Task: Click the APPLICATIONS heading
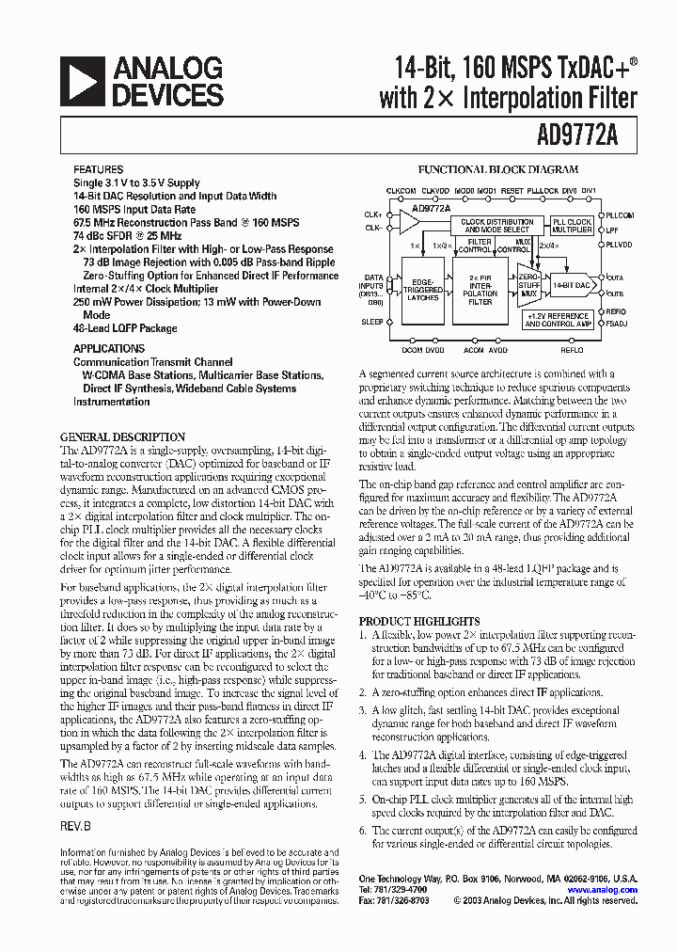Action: [x=109, y=348]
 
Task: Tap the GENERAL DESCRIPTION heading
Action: [x=122, y=437]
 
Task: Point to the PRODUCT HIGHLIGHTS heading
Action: [x=419, y=622]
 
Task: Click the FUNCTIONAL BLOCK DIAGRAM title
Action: [x=498, y=170]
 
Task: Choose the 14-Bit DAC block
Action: [x=571, y=284]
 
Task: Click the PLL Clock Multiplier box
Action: [x=572, y=227]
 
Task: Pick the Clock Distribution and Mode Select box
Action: [x=497, y=226]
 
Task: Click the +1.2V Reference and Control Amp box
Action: [x=559, y=320]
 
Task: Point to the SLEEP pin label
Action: [x=372, y=322]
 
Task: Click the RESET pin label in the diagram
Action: [x=512, y=191]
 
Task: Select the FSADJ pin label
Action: [x=617, y=325]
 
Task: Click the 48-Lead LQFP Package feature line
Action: [x=125, y=328]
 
